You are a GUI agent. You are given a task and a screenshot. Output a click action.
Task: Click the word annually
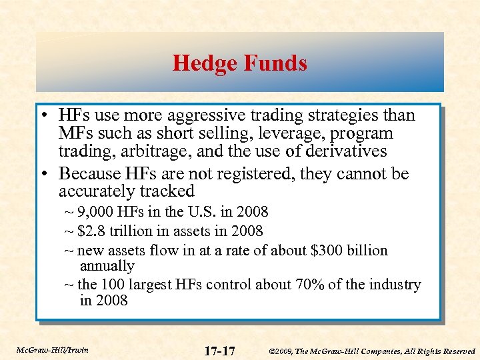(x=107, y=266)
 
